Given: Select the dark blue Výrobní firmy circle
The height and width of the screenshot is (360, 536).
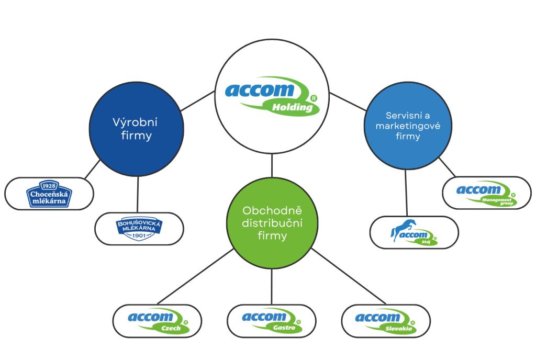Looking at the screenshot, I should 136,129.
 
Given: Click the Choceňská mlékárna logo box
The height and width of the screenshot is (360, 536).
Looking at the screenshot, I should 49,194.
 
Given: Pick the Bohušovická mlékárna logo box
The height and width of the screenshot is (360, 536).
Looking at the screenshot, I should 139,229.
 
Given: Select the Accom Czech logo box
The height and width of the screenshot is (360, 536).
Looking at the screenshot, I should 158,321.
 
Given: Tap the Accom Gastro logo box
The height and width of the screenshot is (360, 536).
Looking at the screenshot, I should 272,321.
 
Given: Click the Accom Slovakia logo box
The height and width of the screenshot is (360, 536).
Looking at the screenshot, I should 386,321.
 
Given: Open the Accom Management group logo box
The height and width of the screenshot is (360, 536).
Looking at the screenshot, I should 487,193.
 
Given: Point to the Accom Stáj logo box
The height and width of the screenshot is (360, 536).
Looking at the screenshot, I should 414,232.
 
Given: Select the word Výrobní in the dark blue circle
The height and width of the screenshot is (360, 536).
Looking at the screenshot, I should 135,122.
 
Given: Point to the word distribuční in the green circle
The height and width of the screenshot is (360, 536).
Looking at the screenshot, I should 272,223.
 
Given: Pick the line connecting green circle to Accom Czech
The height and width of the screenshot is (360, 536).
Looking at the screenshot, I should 196,276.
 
